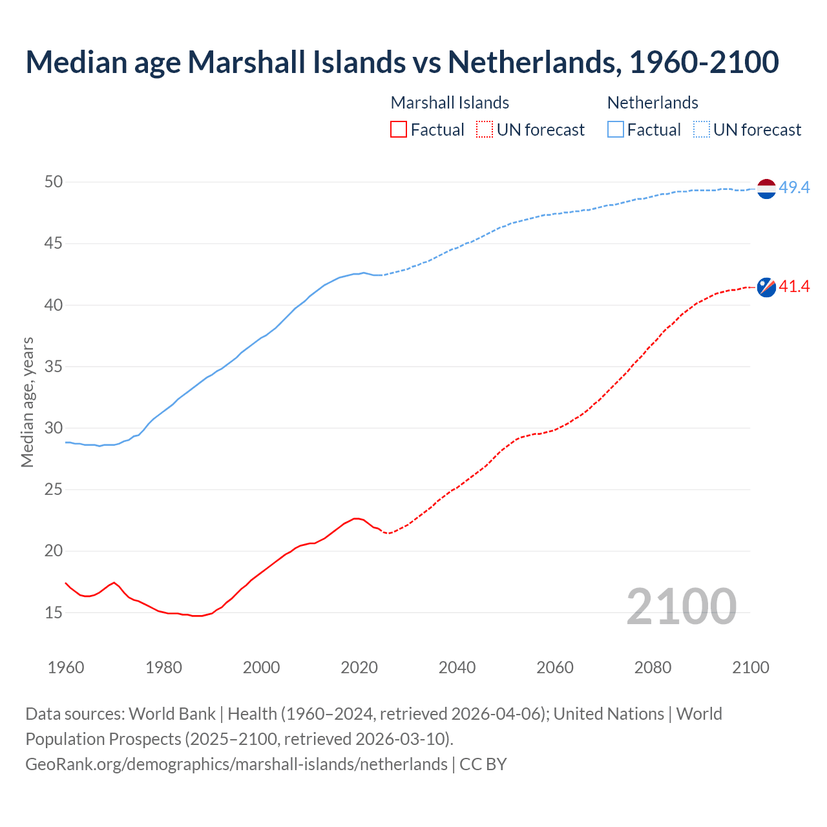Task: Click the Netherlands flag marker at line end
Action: click(766, 188)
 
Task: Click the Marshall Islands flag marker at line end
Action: click(766, 287)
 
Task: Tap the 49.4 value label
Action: click(794, 188)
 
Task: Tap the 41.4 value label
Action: click(794, 286)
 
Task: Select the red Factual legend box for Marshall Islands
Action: click(399, 130)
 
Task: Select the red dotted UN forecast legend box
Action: click(485, 130)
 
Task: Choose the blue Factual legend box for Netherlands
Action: click(616, 130)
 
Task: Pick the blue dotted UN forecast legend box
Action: click(701, 130)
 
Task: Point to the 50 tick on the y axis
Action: click(54, 182)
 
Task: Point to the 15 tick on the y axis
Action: click(54, 612)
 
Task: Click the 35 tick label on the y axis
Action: click(54, 367)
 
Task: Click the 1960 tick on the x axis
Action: click(66, 667)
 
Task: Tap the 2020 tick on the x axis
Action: click(359, 667)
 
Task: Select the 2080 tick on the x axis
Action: click(653, 667)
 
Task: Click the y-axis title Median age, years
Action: click(27, 402)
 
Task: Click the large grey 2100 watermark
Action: click(681, 606)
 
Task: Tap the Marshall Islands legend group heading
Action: click(450, 103)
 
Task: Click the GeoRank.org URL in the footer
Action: click(236, 764)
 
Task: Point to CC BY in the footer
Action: click(483, 764)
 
